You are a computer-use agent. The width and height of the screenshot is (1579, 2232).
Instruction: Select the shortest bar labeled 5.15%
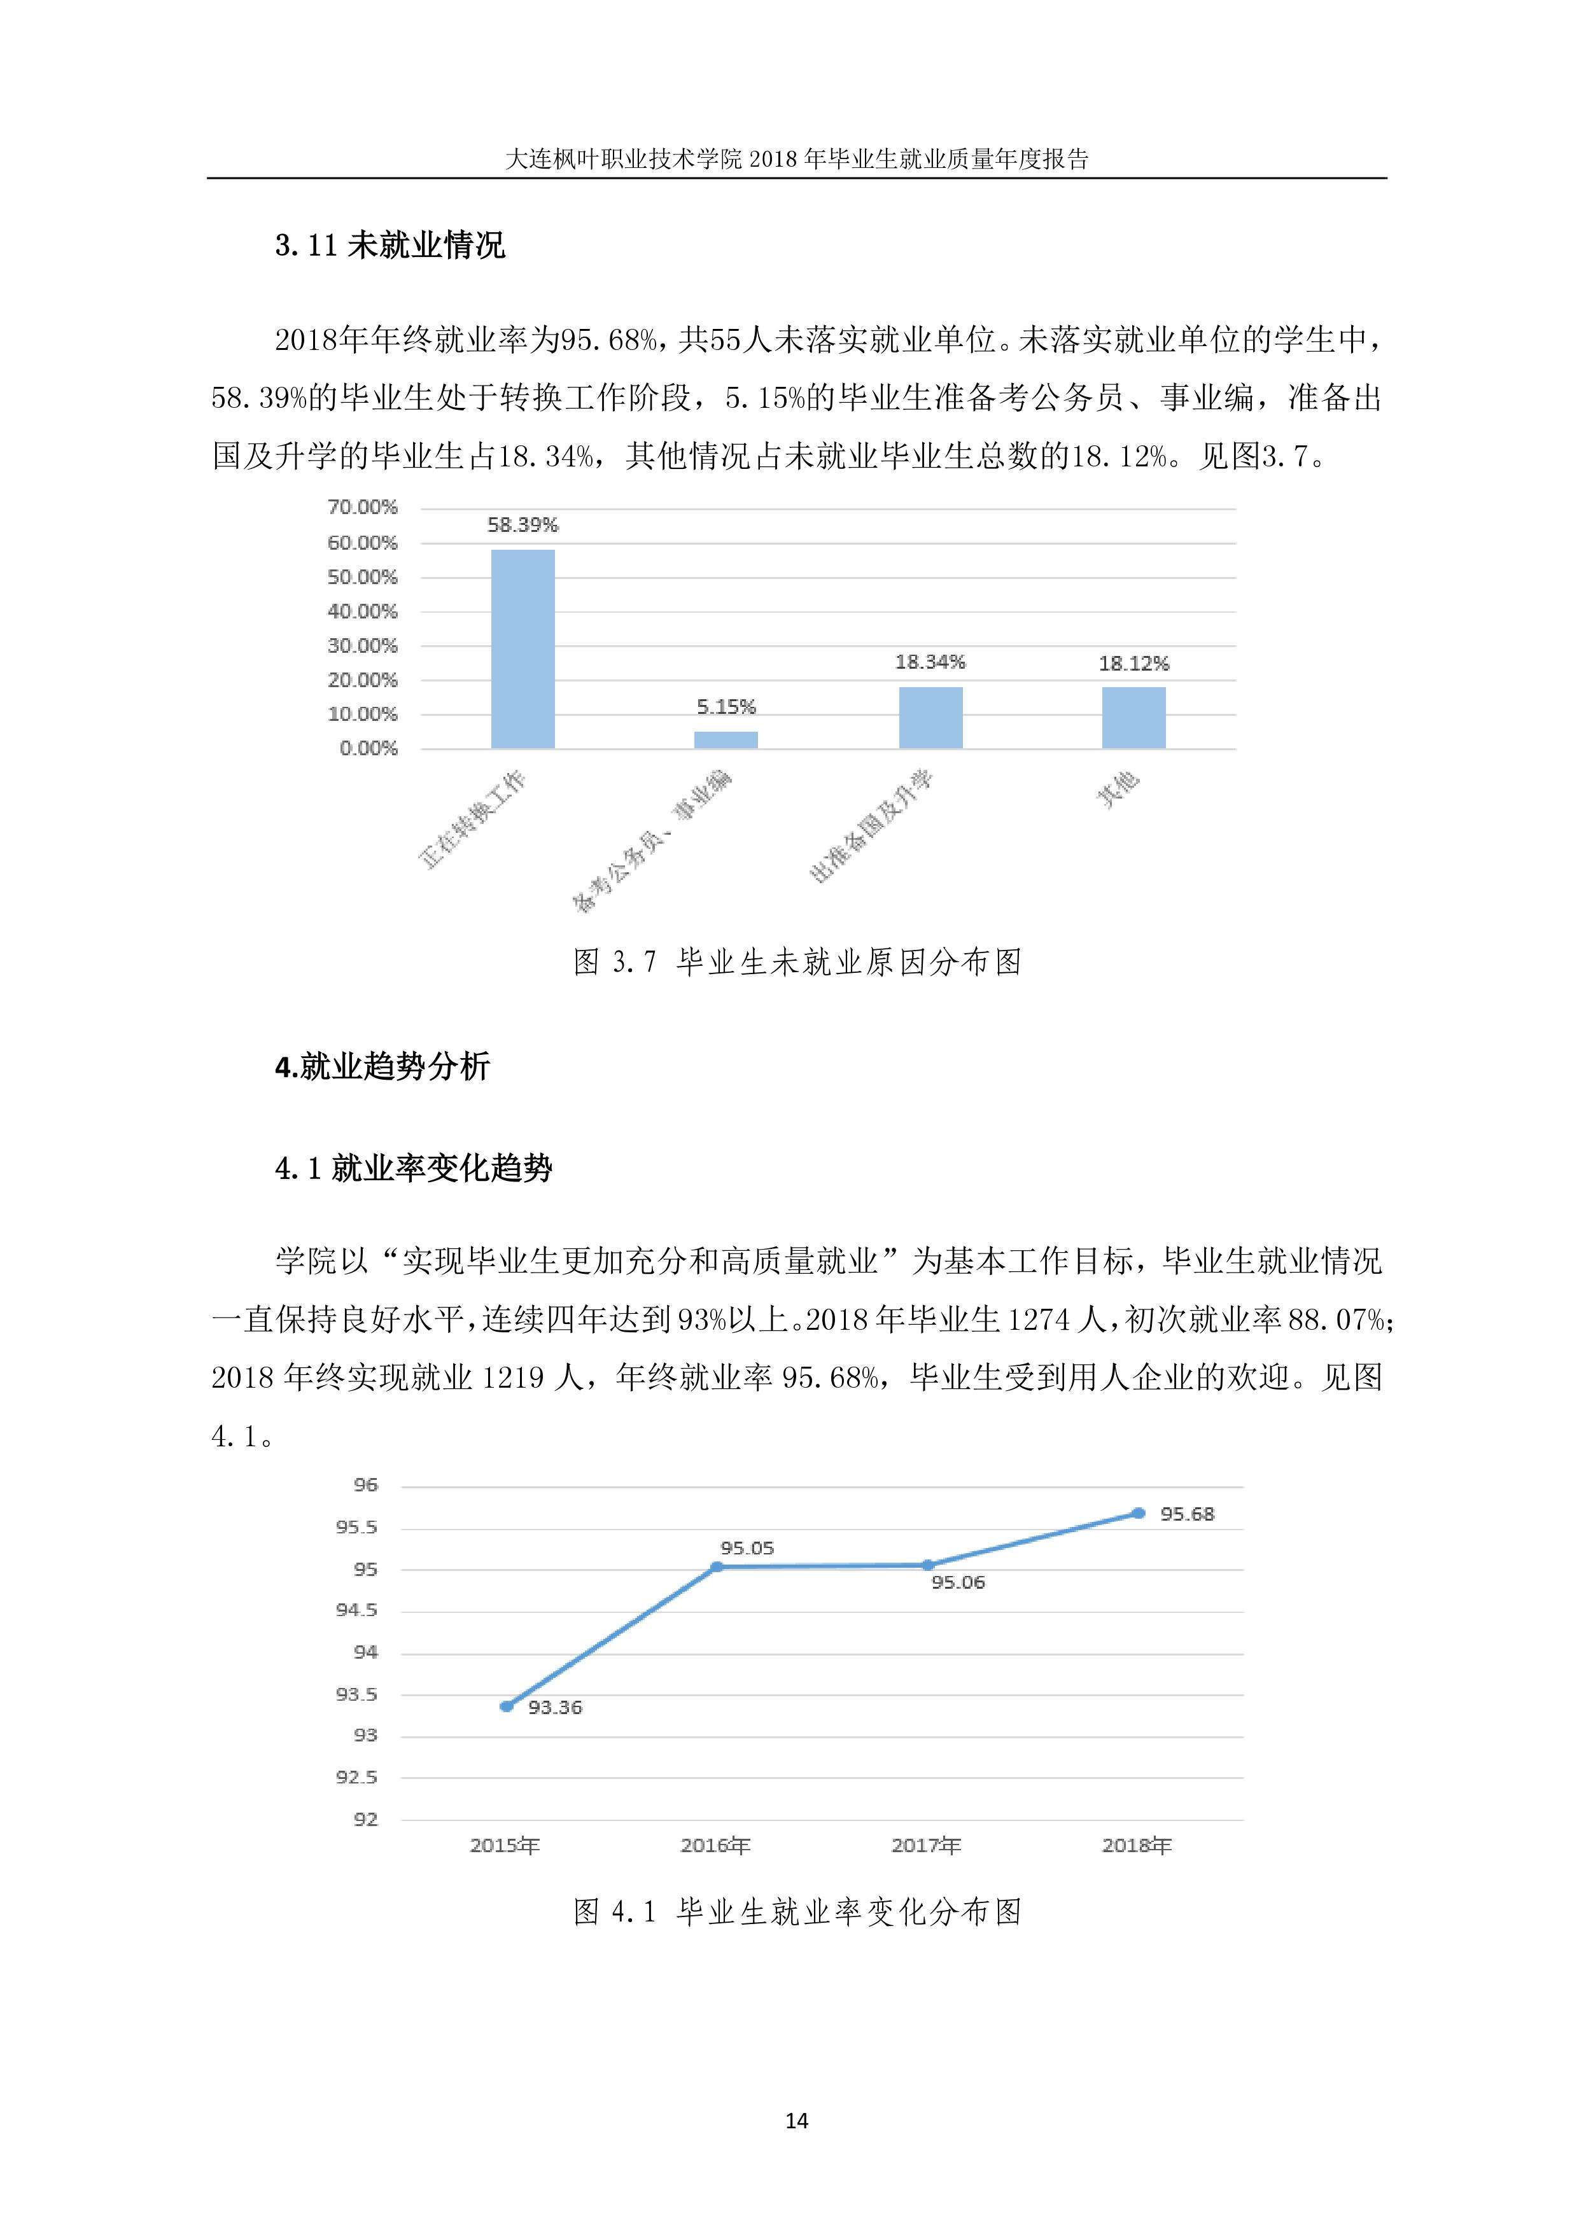point(726,740)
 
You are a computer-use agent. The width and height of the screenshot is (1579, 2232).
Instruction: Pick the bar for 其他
point(1133,718)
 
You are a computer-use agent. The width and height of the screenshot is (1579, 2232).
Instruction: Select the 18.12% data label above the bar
point(1133,664)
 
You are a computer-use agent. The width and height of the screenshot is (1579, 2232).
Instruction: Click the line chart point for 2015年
point(507,1706)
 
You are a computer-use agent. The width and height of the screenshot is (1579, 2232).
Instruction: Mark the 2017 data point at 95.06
point(927,1565)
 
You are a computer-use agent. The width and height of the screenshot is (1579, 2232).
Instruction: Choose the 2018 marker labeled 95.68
point(1139,1514)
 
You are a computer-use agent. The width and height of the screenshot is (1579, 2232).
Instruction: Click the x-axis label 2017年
point(925,1845)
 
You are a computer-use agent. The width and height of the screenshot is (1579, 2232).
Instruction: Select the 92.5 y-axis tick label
point(357,1777)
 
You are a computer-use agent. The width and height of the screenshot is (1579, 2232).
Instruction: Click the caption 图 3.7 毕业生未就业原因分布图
point(797,963)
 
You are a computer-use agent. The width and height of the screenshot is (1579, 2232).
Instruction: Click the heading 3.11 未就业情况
point(390,245)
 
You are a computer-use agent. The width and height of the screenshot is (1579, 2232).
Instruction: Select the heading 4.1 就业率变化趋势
point(413,1168)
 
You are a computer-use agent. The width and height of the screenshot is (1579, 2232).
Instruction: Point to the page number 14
point(796,2120)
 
